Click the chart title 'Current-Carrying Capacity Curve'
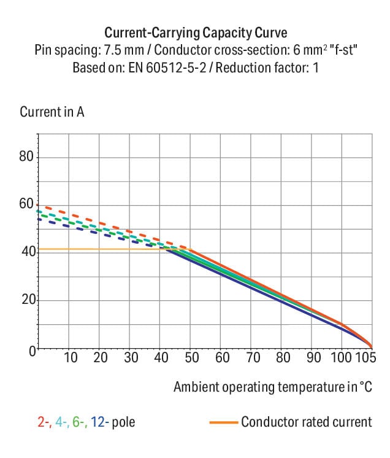(195, 33)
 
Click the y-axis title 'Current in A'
(52, 112)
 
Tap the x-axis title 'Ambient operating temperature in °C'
(273, 387)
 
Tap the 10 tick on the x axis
(71, 358)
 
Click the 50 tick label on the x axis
(192, 358)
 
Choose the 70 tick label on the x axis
(252, 358)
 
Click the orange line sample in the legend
(223, 422)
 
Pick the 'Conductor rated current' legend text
(306, 422)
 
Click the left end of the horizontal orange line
(39, 249)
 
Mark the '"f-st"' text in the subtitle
(343, 50)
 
